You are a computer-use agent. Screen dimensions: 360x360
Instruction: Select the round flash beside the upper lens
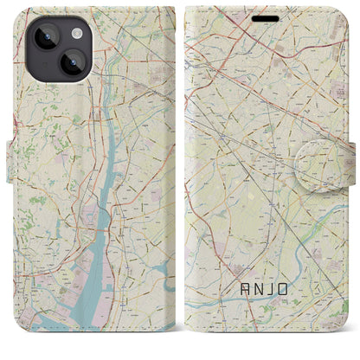pyautogui.click(x=75, y=32)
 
